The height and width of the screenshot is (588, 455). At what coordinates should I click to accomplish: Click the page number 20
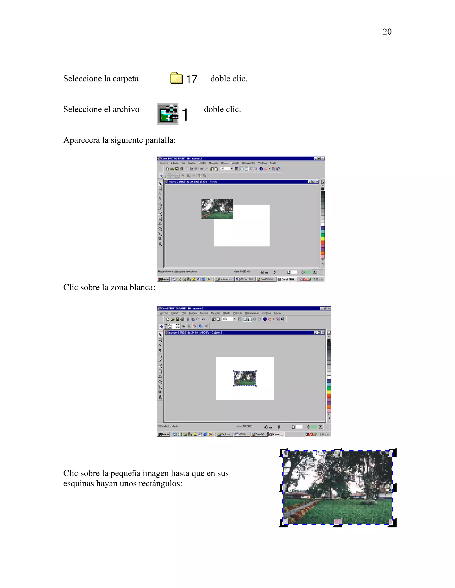(x=387, y=32)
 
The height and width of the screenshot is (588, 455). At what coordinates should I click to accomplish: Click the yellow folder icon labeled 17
(x=176, y=78)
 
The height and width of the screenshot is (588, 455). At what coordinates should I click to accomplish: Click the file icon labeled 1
(x=168, y=114)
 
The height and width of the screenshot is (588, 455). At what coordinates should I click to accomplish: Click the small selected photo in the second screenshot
(x=245, y=378)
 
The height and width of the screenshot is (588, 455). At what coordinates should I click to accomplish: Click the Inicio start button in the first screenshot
(x=164, y=279)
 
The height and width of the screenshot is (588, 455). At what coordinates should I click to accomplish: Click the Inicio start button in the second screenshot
(x=164, y=434)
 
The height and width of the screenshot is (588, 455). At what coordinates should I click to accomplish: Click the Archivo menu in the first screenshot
(x=164, y=163)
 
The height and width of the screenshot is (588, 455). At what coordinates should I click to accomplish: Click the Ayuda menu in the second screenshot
(x=277, y=313)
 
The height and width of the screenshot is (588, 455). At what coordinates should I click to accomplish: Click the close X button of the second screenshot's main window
(x=329, y=308)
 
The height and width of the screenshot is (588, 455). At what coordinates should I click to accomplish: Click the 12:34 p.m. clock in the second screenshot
(x=323, y=434)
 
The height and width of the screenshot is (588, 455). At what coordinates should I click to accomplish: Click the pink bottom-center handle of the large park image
(x=338, y=522)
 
